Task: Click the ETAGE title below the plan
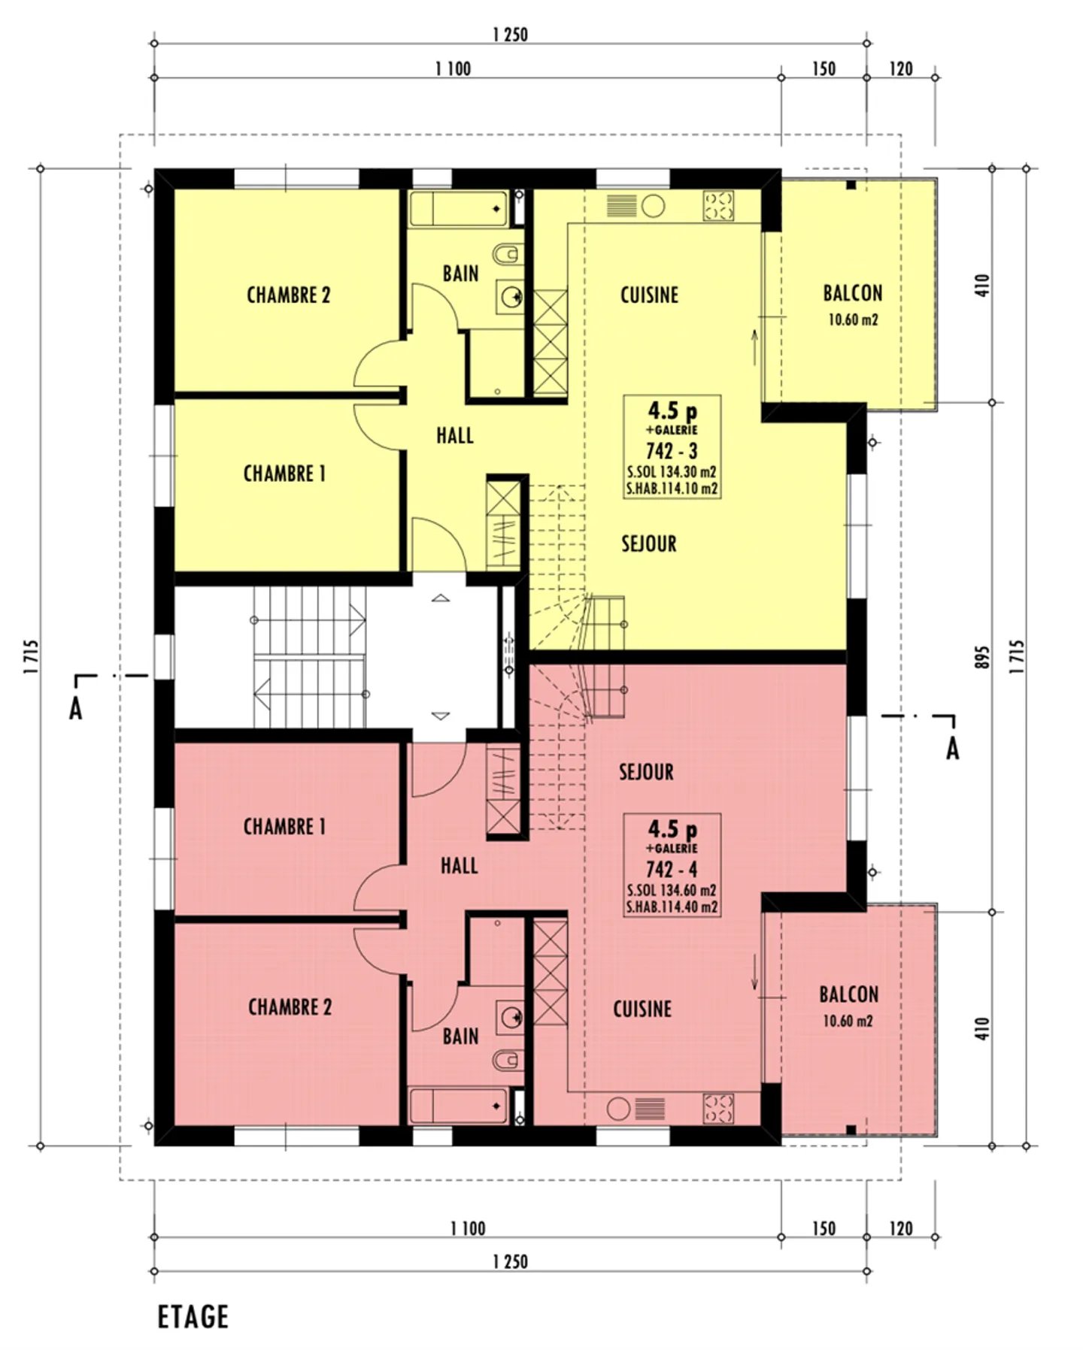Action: click(x=193, y=1316)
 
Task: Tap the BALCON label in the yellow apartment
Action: click(x=853, y=293)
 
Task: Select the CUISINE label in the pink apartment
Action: click(x=642, y=1009)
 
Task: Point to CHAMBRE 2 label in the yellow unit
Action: click(x=289, y=295)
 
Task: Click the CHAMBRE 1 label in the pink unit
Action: click(x=284, y=827)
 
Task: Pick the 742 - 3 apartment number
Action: click(x=672, y=451)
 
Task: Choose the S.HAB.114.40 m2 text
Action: click(x=672, y=907)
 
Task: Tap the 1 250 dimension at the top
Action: click(x=511, y=35)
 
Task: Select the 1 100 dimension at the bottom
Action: click(x=468, y=1228)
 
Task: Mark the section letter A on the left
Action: click(x=75, y=709)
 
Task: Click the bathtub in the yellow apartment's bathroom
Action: click(x=458, y=209)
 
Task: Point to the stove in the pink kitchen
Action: click(x=718, y=1108)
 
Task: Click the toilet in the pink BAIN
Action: click(x=508, y=1061)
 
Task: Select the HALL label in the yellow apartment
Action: click(x=455, y=435)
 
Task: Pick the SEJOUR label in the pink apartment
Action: click(x=646, y=772)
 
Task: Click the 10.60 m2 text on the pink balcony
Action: click(x=848, y=1021)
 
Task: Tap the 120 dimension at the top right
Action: click(x=901, y=69)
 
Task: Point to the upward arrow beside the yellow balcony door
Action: click(x=755, y=347)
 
